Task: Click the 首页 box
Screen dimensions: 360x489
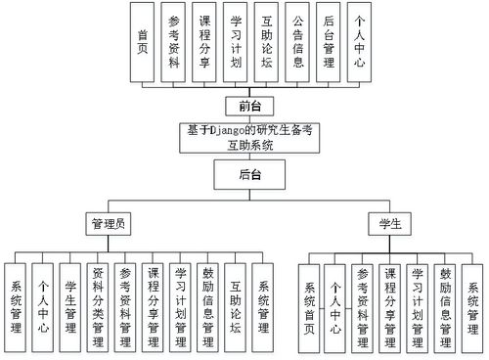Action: pyautogui.click(x=145, y=41)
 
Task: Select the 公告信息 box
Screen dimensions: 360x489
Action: pyautogui.click(x=298, y=41)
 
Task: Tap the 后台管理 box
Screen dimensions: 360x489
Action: pyautogui.click(x=329, y=41)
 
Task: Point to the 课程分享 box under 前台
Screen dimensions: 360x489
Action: pyautogui.click(x=205, y=41)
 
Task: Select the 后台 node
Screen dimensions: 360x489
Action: pyautogui.click(x=248, y=176)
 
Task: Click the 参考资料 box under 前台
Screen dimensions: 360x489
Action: pyautogui.click(x=175, y=41)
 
